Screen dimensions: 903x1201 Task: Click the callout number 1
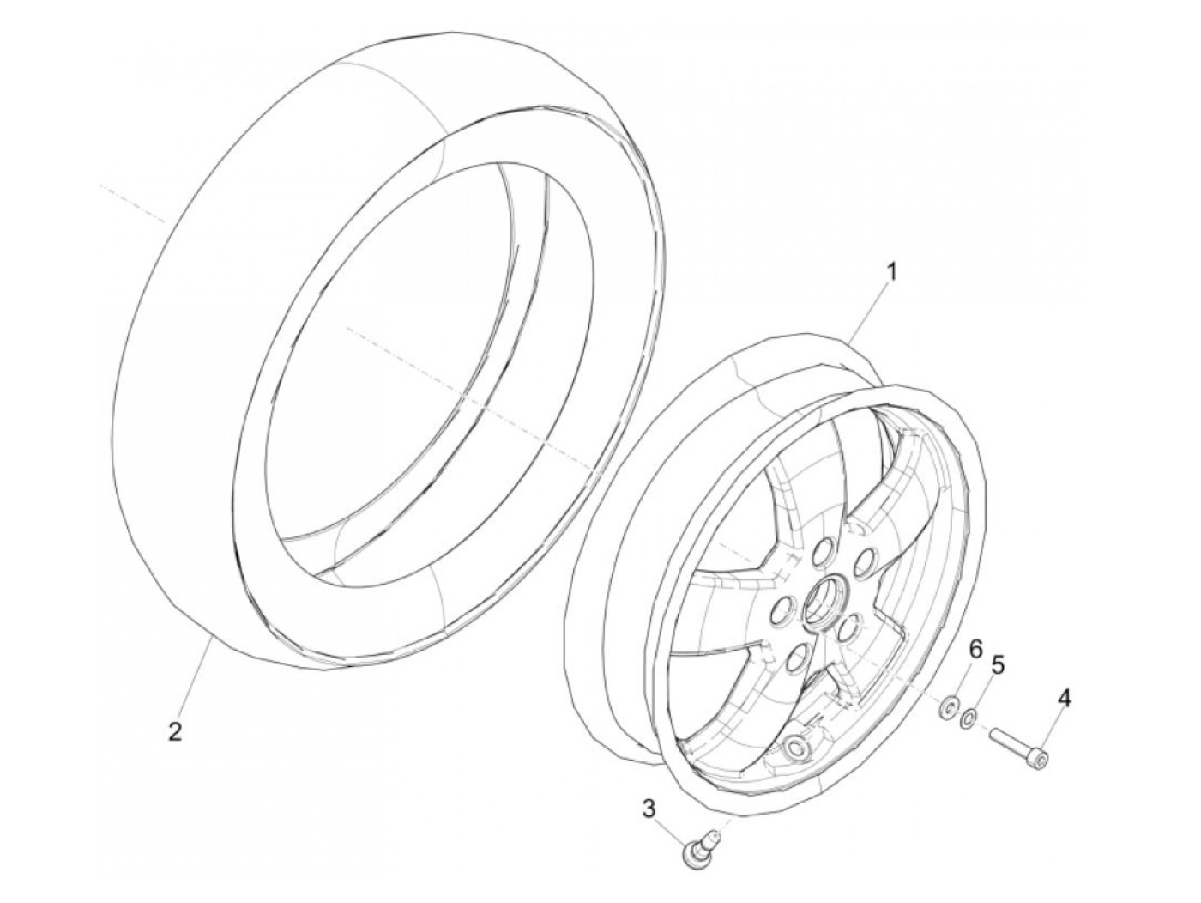[x=891, y=273]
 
